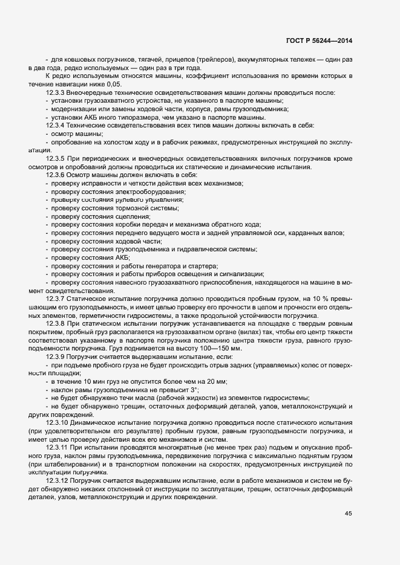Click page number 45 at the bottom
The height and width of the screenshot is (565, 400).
349,514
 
